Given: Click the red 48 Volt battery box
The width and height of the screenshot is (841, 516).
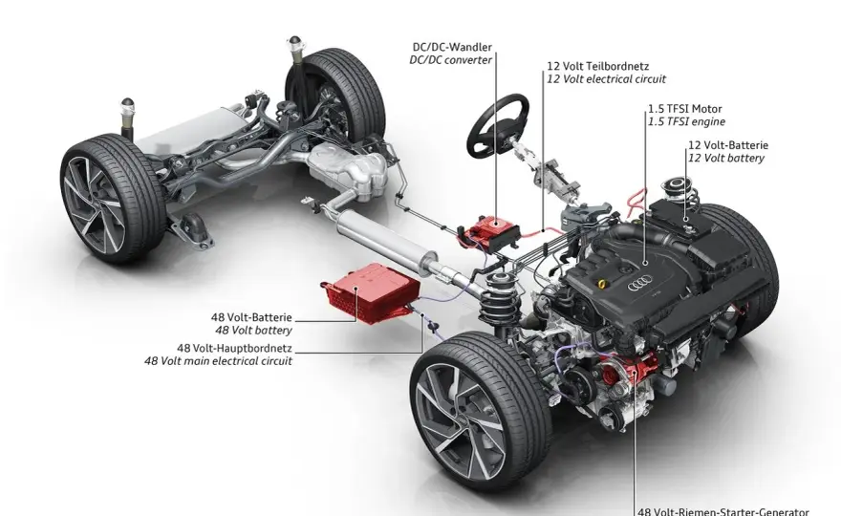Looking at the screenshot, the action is (x=371, y=292).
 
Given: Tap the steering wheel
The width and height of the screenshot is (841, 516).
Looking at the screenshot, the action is (x=498, y=125).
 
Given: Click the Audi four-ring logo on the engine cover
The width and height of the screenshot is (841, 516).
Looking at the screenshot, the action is (x=639, y=283).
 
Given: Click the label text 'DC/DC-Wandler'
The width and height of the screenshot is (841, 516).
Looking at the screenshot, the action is (x=452, y=47).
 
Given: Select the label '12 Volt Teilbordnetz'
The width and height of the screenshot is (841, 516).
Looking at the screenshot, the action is (x=598, y=66).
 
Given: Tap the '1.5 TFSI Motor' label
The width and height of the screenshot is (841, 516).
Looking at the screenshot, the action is (x=685, y=109).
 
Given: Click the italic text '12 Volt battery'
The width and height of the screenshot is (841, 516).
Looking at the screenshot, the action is (x=726, y=159).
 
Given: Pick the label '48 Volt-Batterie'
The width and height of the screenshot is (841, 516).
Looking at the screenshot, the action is (x=251, y=317).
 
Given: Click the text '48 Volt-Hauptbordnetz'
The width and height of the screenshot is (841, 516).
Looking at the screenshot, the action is (x=234, y=348).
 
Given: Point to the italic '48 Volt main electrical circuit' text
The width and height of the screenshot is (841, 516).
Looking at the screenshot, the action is (x=218, y=361).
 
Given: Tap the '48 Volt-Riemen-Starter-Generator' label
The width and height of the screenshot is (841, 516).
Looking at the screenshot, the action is (x=723, y=512).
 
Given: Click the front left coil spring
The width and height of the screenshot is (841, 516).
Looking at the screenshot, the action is (x=499, y=299).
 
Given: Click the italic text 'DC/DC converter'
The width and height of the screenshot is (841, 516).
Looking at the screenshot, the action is (x=450, y=60).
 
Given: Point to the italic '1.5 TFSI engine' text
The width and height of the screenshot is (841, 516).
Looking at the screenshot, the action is (x=686, y=121).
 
